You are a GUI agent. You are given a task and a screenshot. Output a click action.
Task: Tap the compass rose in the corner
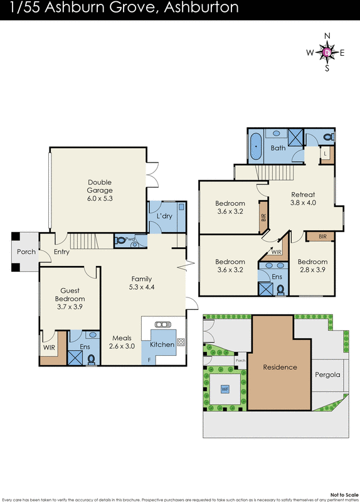coord(327,52)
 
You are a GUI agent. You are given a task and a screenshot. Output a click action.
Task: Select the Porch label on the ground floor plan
coord(26,252)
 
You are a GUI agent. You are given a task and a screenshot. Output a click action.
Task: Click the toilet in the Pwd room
coord(121,240)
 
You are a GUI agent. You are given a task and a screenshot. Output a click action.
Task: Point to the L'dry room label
coord(164,216)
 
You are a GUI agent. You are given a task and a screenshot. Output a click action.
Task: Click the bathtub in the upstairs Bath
coord(256,145)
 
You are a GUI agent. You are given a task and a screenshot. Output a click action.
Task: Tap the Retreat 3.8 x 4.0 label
coord(302,198)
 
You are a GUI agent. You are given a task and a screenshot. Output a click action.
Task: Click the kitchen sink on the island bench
coord(162,324)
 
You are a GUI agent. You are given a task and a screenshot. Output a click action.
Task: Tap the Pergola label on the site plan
coord(327,375)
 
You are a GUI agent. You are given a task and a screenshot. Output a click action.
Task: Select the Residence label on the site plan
coord(279,367)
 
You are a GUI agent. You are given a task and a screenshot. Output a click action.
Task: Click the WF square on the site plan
coord(225,389)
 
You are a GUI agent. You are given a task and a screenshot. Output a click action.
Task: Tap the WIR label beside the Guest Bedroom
coord(50,346)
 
